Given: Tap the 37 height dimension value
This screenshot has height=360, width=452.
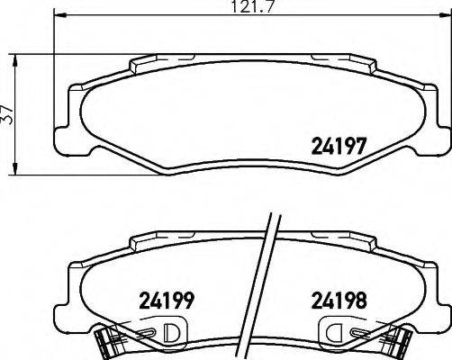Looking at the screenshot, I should click(x=7, y=114).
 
